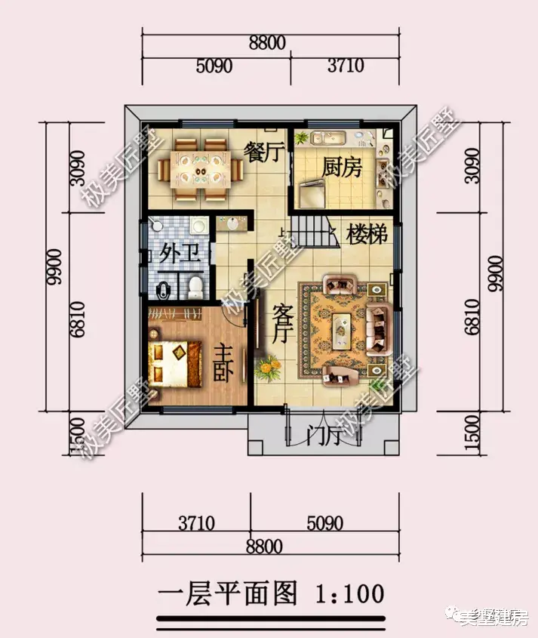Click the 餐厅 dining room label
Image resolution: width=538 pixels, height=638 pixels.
pos(263,152)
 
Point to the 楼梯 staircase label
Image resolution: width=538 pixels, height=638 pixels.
pos(367,235)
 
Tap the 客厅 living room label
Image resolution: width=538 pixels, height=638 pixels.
pos(281,325)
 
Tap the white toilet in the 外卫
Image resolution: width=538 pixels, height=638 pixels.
pos(195,285)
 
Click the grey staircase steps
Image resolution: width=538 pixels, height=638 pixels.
pos(311,227)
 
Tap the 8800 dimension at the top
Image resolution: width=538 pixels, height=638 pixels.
pos(267,43)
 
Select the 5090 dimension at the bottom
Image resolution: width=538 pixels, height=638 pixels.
pos(324,522)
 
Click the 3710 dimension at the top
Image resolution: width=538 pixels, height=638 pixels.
pos(346,66)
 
